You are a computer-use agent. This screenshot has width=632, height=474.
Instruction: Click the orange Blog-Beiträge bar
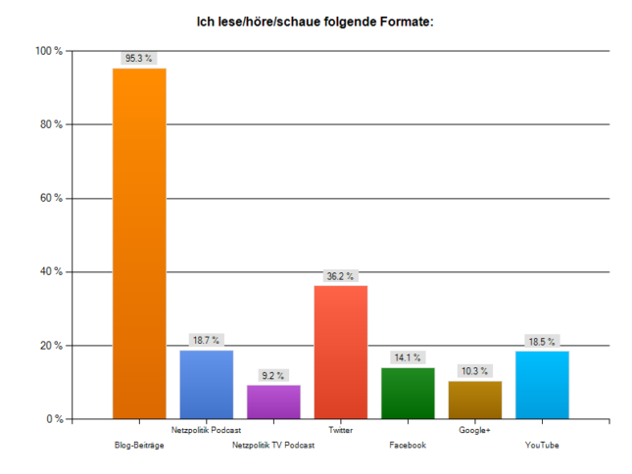tap(139, 244)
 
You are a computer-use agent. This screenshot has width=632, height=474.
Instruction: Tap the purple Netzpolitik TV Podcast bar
tap(273, 402)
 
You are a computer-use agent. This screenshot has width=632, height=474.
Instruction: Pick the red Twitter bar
tap(340, 352)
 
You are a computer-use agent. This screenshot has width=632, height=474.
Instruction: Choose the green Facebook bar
tap(407, 393)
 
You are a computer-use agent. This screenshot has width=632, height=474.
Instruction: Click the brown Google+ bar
tap(474, 400)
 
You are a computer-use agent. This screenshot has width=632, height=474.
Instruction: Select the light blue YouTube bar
tap(541, 385)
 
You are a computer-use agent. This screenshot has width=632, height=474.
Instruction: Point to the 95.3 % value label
tap(138, 59)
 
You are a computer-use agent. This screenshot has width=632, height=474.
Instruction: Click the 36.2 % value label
tap(340, 276)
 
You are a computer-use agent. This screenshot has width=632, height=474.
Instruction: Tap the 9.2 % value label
tap(272, 375)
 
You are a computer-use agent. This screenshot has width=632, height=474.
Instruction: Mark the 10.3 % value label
tap(474, 371)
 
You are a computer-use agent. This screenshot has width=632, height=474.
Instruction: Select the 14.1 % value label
tap(407, 357)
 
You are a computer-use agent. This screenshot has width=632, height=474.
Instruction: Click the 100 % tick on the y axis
tap(49, 51)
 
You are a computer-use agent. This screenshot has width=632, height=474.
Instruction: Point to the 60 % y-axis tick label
tap(51, 199)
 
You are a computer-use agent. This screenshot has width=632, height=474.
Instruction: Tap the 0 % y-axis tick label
tap(54, 419)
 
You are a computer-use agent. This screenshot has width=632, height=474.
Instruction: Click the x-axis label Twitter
tap(340, 430)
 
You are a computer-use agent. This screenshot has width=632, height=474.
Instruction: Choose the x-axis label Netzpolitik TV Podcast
tap(273, 446)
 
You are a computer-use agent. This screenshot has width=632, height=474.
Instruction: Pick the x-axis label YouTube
tap(541, 446)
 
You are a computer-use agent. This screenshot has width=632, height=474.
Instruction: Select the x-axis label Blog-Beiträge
tap(139, 446)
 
